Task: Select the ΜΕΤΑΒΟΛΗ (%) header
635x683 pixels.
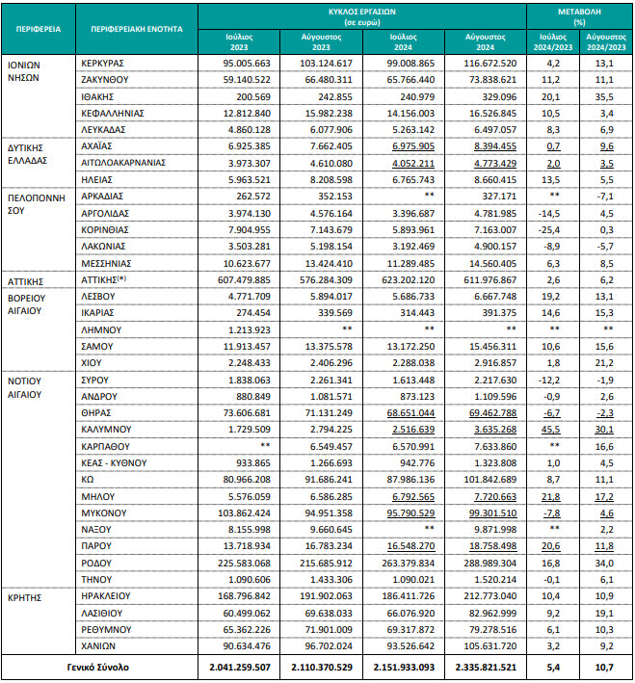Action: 580,13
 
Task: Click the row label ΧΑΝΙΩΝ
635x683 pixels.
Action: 100,644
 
